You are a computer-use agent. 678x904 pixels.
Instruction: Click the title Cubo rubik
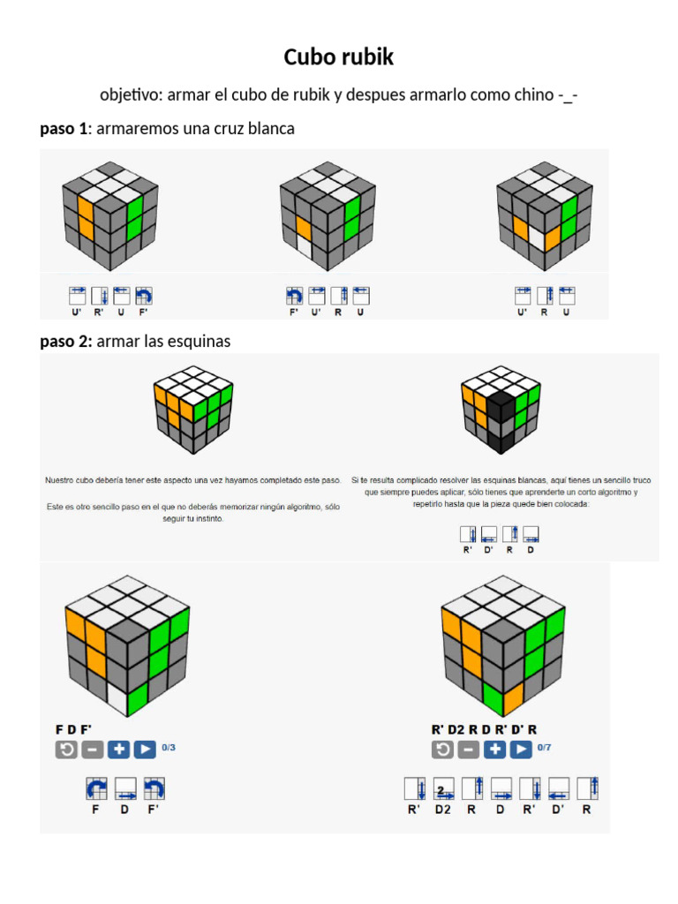338,58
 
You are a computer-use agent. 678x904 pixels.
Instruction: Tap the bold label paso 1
64,129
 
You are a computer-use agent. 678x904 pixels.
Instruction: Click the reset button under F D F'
65,750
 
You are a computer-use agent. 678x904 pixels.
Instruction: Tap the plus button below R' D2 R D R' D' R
494,750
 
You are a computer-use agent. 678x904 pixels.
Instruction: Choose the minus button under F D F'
92,750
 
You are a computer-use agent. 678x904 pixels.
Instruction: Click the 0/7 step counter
545,747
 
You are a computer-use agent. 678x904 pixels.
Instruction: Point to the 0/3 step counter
169,747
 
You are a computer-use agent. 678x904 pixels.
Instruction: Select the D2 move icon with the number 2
444,788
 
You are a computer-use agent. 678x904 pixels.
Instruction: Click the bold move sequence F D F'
74,729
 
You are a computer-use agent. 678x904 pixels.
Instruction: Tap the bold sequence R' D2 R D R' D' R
484,729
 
